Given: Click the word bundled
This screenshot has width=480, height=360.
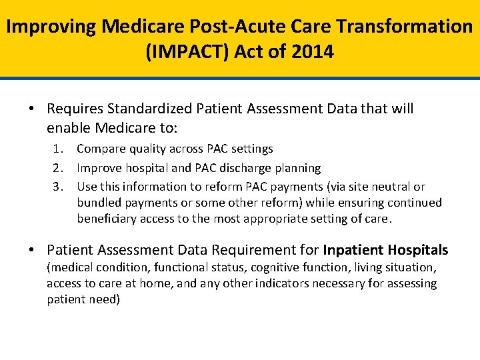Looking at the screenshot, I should (x=98, y=203).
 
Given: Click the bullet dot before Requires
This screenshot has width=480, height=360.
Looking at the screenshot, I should (x=33, y=109).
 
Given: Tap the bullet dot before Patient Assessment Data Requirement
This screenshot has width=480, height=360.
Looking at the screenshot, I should (x=33, y=251).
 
